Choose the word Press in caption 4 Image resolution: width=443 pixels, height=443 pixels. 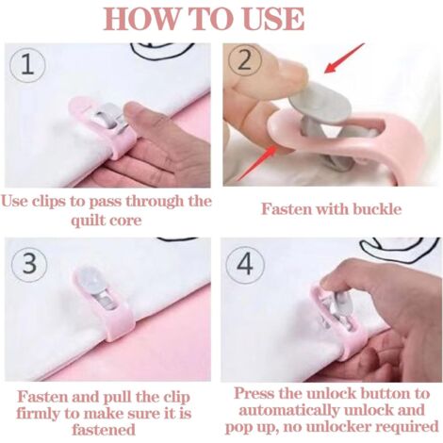pyautogui.click(x=254, y=393)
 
